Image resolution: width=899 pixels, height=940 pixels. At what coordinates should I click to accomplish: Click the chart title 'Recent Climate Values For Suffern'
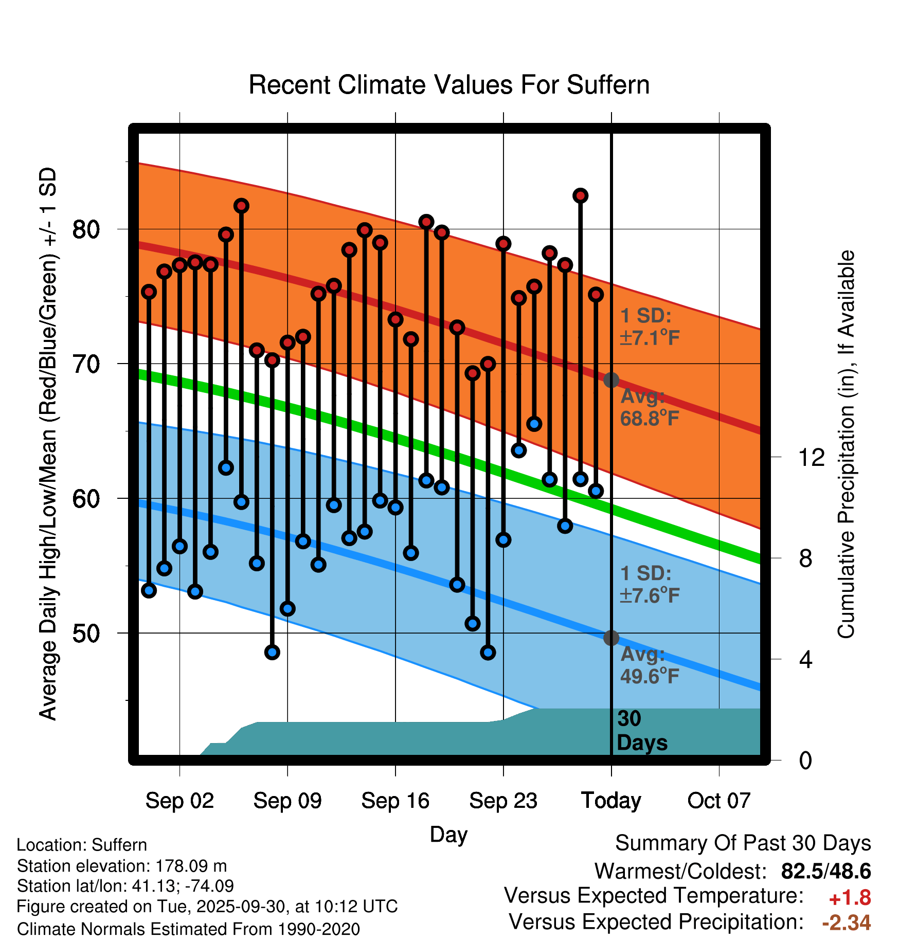coord(449,85)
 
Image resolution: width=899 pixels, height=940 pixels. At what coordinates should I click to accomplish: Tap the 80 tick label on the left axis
coord(86,229)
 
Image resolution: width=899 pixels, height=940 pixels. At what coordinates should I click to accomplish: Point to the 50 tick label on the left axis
coord(86,633)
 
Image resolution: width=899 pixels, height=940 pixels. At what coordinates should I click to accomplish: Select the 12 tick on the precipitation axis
coord(811,457)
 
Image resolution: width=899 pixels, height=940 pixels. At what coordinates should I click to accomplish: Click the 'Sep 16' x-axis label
coord(395,801)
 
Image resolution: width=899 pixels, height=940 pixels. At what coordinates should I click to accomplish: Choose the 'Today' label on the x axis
coord(611,801)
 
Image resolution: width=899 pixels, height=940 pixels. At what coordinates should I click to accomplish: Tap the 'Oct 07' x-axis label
coord(719,801)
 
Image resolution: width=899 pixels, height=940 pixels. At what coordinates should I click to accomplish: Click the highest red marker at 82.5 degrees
coord(581,195)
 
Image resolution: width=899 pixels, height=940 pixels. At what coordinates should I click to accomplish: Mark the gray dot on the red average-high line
coord(611,380)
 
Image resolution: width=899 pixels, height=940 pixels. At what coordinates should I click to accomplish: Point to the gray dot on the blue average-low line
coord(611,638)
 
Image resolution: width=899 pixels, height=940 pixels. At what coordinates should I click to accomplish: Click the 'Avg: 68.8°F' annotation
coord(650,407)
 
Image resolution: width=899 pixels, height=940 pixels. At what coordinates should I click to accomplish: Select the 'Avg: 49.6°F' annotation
coord(650,665)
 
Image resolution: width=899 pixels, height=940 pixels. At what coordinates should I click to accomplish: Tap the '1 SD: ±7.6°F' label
coord(650,585)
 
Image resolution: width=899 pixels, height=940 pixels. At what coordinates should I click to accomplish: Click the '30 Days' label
coord(641,731)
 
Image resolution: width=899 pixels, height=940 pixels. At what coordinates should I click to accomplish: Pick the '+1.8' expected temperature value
coord(850,898)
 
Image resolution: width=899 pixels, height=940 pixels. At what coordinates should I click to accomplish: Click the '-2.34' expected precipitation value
coord(847,923)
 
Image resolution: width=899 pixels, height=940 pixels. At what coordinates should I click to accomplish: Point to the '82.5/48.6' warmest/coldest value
coord(826,871)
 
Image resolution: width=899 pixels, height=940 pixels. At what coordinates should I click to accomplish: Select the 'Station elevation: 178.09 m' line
coord(122,866)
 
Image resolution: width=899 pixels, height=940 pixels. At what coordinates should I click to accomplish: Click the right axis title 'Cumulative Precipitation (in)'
coord(846,445)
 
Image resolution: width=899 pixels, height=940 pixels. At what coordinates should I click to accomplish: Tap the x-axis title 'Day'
coord(448,834)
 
